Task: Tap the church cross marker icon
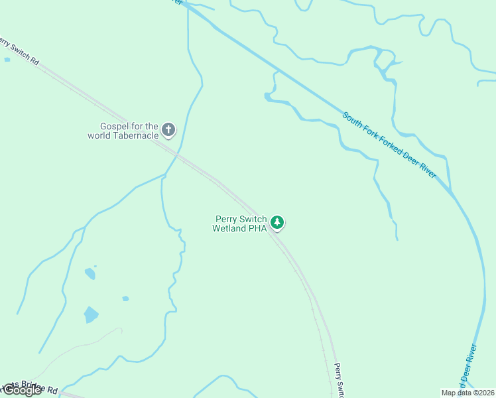tap(168, 129)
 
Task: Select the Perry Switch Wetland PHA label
tap(239, 224)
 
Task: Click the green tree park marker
tap(278, 223)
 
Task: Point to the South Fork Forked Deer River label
tap(389, 145)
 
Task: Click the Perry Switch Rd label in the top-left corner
tap(19, 52)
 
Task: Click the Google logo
tap(22, 390)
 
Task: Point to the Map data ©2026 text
tap(467, 392)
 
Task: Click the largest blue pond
tap(91, 314)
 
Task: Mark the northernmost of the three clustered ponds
tap(90, 273)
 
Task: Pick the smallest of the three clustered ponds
tap(125, 298)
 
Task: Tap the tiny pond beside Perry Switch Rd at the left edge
tap(7, 60)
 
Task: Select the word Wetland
tap(229, 228)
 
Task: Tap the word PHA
tap(258, 228)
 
